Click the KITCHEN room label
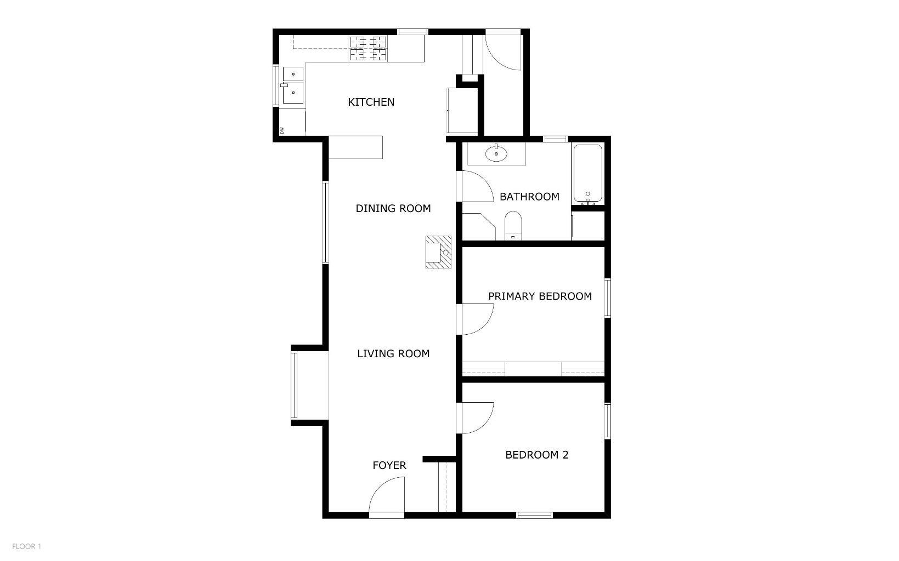371,102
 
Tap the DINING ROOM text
393,209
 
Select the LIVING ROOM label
393,354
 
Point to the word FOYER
389,465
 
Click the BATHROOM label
529,197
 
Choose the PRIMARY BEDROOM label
540,296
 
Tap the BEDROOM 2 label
536,455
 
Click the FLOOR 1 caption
26,546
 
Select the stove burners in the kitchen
367,49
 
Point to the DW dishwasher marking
282,130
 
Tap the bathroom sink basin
496,153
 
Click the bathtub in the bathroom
587,173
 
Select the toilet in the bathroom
513,226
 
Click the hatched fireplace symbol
438,252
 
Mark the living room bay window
294,385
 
